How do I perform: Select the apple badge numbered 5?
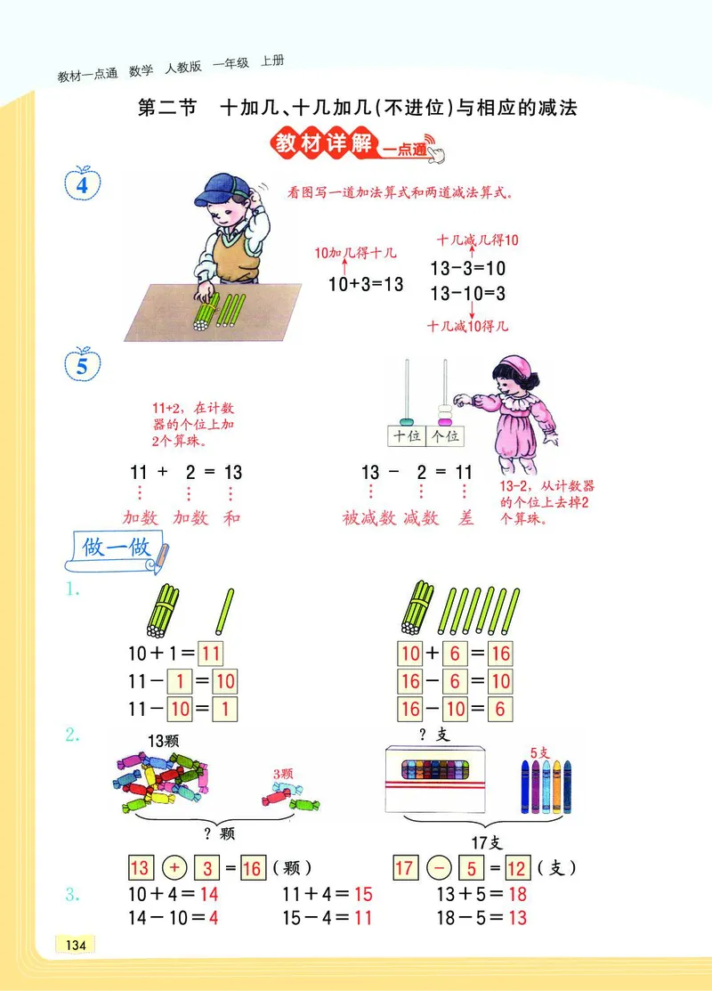point(83,365)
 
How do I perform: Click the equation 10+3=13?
point(366,284)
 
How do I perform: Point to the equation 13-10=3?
point(467,293)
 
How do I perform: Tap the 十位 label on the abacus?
point(406,436)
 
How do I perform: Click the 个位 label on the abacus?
point(445,436)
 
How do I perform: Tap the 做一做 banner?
point(116,549)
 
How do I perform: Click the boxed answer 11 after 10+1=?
point(210,654)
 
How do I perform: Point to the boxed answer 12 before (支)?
point(517,867)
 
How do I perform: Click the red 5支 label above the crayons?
point(539,752)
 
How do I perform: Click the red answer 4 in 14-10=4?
point(213,918)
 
